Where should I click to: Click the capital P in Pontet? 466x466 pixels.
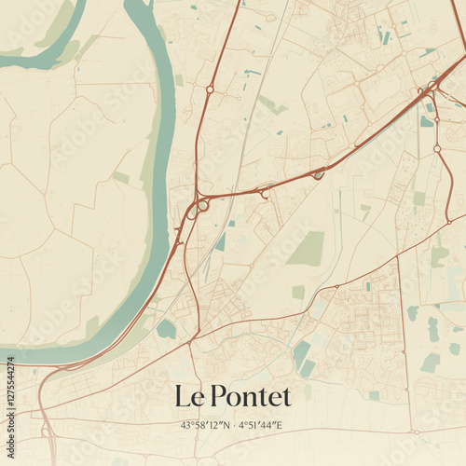[219, 396]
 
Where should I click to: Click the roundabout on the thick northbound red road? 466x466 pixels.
[210, 89]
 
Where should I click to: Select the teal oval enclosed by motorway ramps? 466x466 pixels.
[319, 173]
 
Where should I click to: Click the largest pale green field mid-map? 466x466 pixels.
[306, 248]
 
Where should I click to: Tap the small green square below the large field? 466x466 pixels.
[298, 292]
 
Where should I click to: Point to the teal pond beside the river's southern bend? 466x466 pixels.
[166, 328]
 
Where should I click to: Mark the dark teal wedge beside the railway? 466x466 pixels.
[221, 242]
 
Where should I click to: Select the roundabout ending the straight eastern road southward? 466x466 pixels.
[437, 148]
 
